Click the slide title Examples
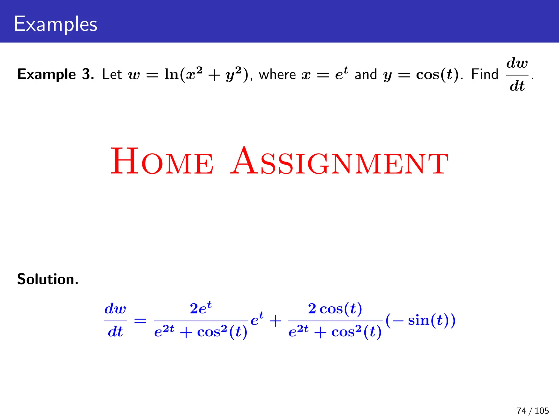tap(55, 24)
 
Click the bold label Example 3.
tap(56, 74)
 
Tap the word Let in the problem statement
tap(112, 74)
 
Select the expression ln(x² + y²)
tap(206, 74)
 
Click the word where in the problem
tap(277, 74)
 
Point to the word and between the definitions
tap(366, 74)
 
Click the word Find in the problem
tap(485, 74)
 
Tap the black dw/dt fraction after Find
tap(517, 74)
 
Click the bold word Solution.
tap(48, 279)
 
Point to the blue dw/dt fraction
tap(115, 320)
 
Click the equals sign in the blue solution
tap(140, 321)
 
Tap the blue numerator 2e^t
tap(201, 308)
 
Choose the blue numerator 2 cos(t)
tap(335, 309)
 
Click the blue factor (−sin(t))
tap(421, 320)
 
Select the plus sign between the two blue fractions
tap(275, 321)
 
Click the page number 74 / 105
tap(533, 411)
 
